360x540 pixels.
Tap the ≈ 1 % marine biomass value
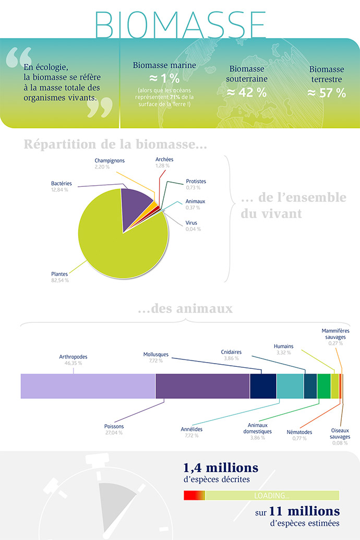[164, 79]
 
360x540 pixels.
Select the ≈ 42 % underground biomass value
[246, 92]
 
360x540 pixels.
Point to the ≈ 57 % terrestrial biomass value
[326, 93]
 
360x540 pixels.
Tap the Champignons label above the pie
[110, 160]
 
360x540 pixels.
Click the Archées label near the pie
[164, 159]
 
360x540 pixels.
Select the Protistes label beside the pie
[196, 182]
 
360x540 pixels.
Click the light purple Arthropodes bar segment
[88, 386]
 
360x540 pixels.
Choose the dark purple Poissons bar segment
[202, 386]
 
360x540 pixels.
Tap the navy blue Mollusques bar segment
[263, 386]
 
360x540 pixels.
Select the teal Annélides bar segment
[290, 386]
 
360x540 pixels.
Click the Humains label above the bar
[283, 346]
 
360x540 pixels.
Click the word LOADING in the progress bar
[271, 495]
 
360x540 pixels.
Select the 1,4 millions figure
[221, 467]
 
